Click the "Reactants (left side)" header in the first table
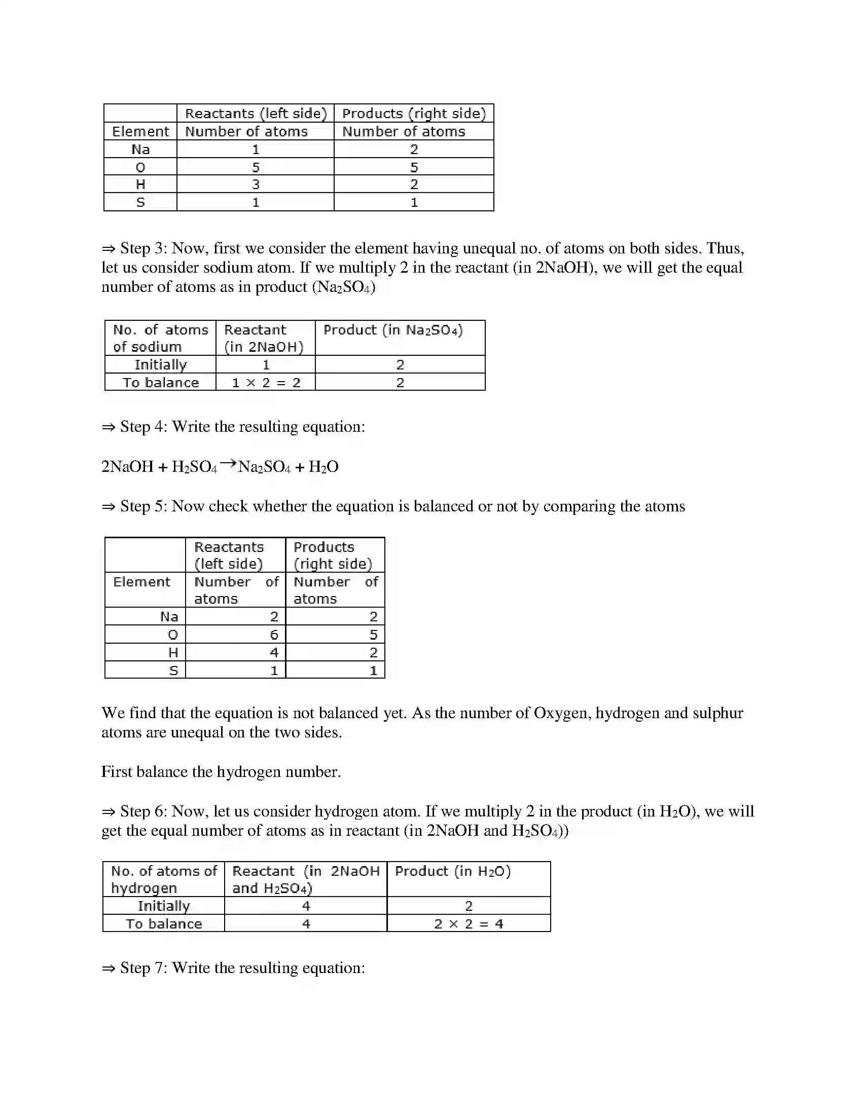(x=256, y=114)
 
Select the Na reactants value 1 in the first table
(x=256, y=150)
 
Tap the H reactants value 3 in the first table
(x=256, y=184)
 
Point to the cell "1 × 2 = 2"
(x=266, y=382)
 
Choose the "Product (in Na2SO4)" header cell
(x=393, y=330)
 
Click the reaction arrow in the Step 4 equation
(x=228, y=464)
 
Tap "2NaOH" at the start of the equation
(x=127, y=467)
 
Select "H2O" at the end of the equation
(x=324, y=467)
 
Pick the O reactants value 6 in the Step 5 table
(x=274, y=635)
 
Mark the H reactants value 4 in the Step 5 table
(x=274, y=652)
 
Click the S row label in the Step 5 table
(x=173, y=671)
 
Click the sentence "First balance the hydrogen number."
(x=221, y=771)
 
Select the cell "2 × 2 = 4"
(x=469, y=923)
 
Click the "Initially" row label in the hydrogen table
(x=163, y=906)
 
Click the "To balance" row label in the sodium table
(x=160, y=382)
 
